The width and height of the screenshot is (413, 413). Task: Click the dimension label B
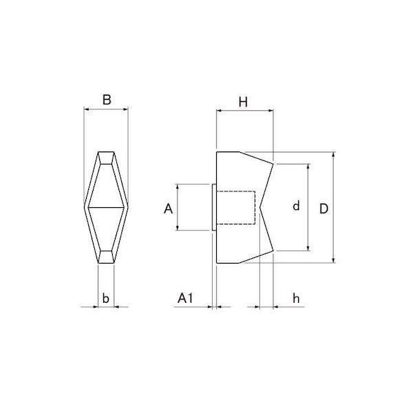pos(107,100)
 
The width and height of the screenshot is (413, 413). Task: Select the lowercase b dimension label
pos(105,298)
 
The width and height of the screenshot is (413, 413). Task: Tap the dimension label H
pos(243,102)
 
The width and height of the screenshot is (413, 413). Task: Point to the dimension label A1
pos(185,298)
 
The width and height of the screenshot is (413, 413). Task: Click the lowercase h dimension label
pos(296,298)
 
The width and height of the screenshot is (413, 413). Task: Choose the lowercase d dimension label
pos(296,205)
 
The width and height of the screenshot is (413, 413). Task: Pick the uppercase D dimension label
pos(324,209)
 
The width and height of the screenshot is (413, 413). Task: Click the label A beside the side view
pos(168,209)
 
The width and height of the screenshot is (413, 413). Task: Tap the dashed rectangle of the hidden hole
pos(235,208)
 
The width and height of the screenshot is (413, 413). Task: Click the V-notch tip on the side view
pos(260,207)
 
